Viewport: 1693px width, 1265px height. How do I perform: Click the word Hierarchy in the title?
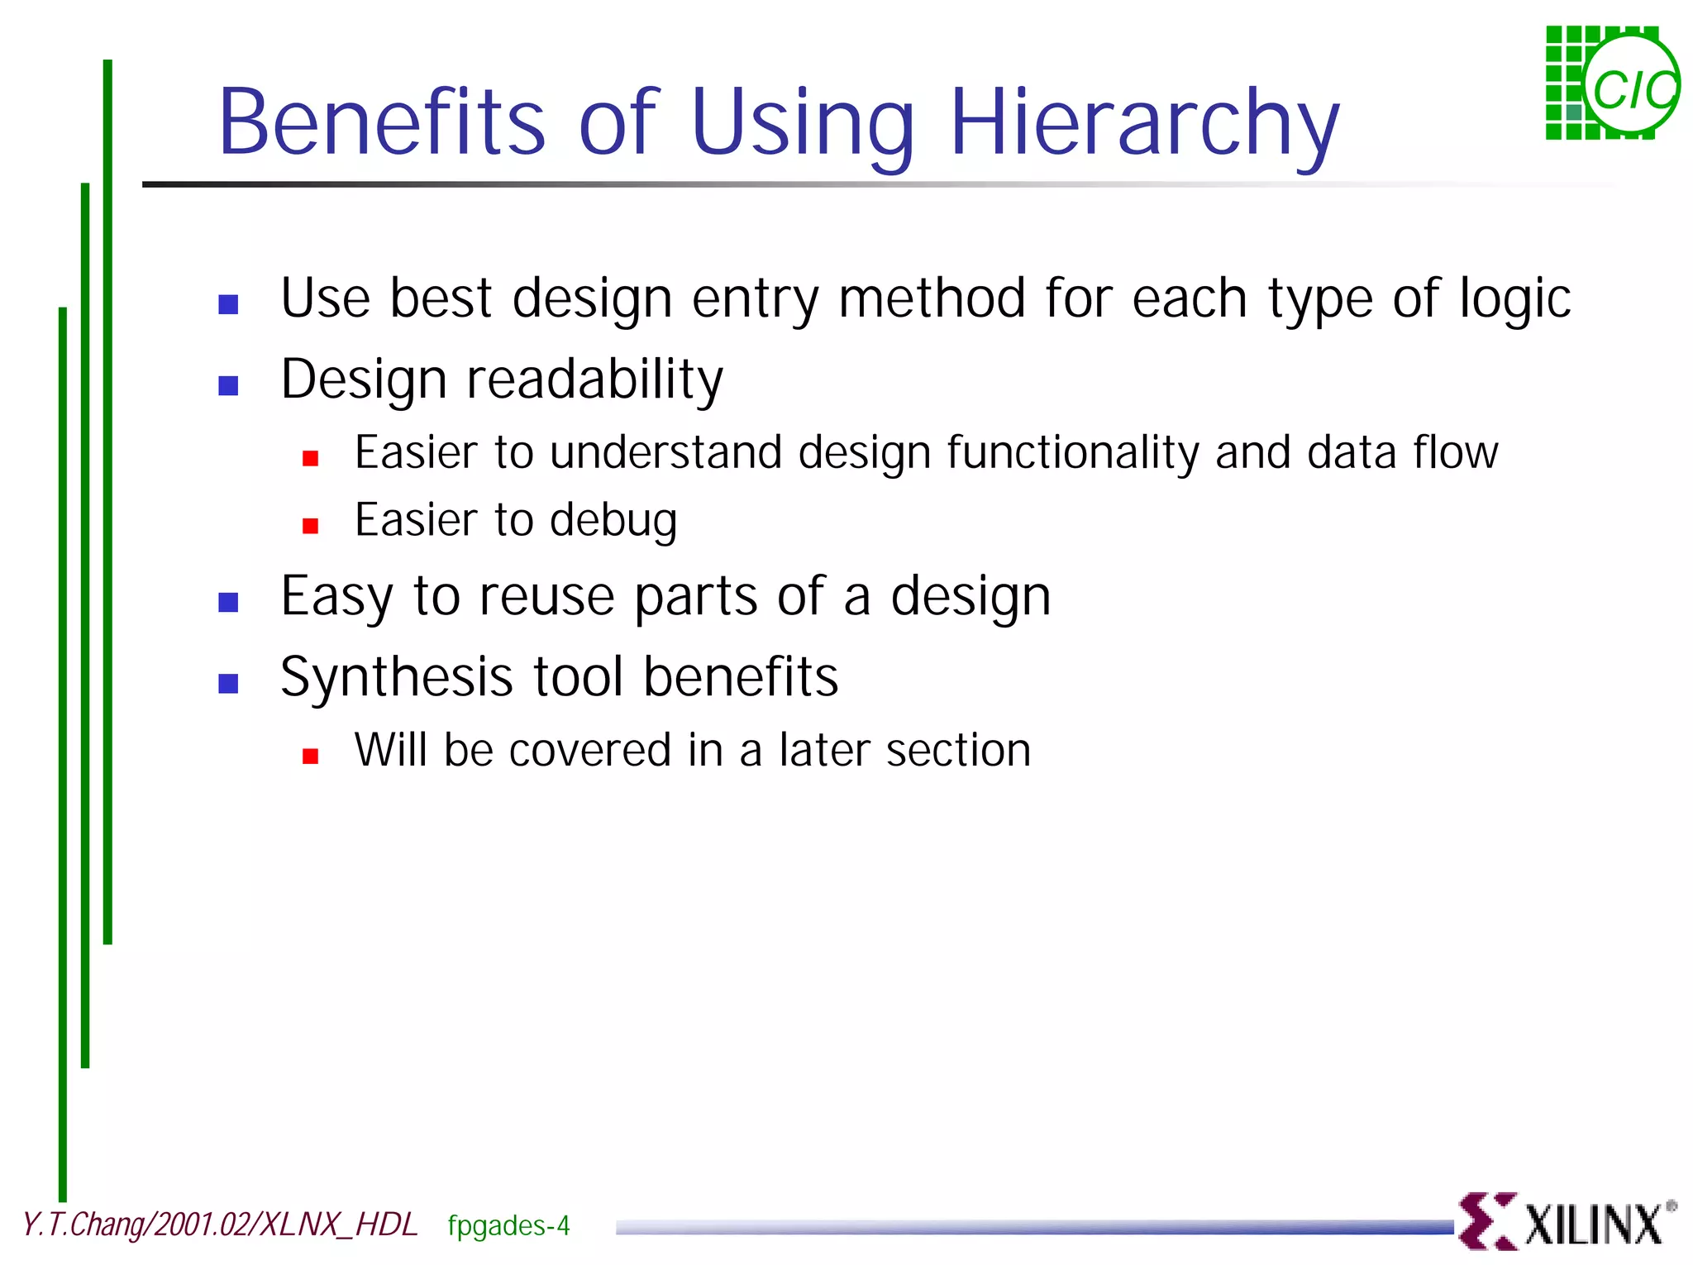tap(1144, 124)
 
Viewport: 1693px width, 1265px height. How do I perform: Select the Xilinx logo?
tap(1564, 1221)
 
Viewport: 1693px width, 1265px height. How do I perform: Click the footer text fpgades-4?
tap(508, 1225)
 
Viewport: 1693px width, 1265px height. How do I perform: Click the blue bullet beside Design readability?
tap(228, 385)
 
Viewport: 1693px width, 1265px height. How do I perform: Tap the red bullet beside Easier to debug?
tap(310, 526)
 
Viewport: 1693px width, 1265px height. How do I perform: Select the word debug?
tap(613, 521)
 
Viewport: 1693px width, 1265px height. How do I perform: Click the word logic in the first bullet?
tap(1514, 299)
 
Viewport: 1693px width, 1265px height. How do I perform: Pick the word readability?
tap(594, 379)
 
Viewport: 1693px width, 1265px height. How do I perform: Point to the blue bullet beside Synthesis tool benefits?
tap(228, 683)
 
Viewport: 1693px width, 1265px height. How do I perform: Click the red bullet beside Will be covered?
tap(310, 756)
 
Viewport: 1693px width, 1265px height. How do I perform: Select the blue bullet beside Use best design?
tap(228, 304)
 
